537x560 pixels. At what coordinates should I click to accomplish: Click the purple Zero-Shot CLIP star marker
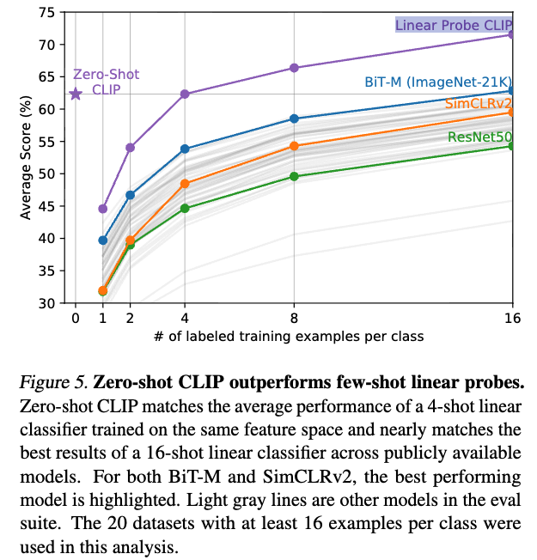tap(76, 94)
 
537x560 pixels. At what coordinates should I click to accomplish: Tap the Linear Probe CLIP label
tap(453, 25)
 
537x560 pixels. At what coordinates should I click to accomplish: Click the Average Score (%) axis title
tap(26, 158)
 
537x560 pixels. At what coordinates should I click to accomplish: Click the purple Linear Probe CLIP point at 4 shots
tap(185, 94)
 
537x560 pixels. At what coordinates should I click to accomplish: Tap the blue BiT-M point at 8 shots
tap(294, 119)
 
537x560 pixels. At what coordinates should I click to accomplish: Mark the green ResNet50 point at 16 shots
tap(512, 146)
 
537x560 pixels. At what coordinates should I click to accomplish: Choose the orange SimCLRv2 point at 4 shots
tap(185, 184)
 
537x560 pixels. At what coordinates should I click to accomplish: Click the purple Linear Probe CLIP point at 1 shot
tap(103, 209)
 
